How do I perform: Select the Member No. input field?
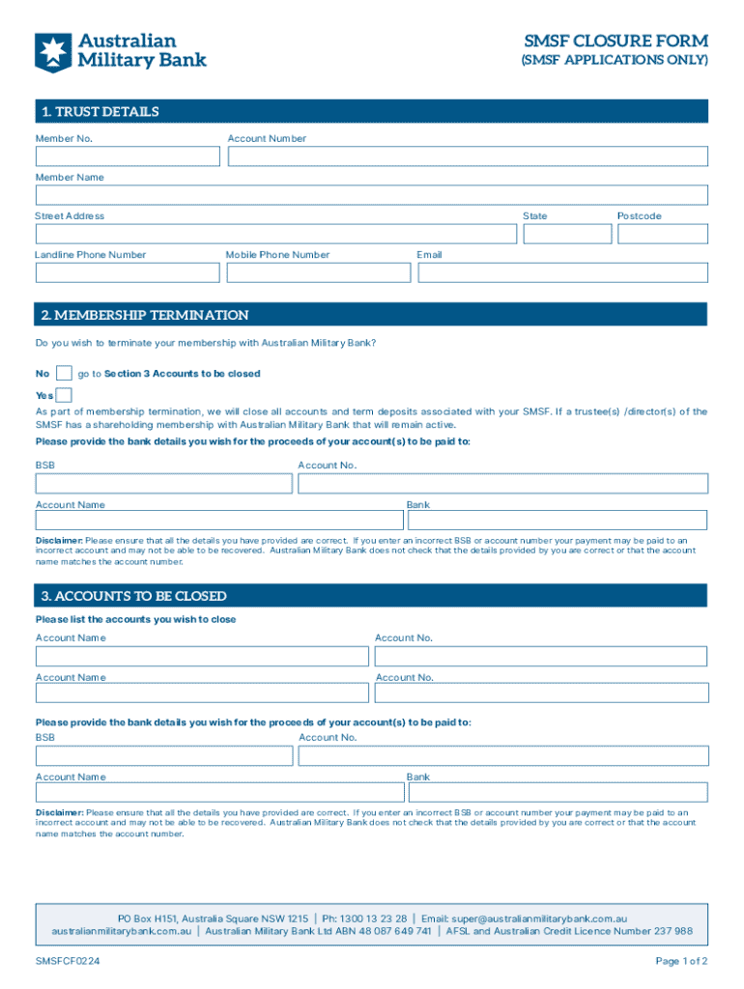(128, 156)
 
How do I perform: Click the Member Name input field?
(371, 195)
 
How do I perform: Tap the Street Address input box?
(275, 234)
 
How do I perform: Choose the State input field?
(566, 234)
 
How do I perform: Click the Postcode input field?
(663, 234)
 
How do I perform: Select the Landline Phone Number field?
(128, 272)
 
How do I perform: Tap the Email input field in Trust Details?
(562, 272)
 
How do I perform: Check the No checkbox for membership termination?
(64, 374)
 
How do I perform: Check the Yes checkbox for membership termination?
(64, 395)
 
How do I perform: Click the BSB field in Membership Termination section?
(164, 483)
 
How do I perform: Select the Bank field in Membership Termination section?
(558, 521)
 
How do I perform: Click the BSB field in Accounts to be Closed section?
(164, 755)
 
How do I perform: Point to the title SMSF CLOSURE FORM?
(615, 42)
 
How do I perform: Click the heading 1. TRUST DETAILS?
(100, 112)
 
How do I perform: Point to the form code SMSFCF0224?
(68, 962)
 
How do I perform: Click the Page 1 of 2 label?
(681, 962)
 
